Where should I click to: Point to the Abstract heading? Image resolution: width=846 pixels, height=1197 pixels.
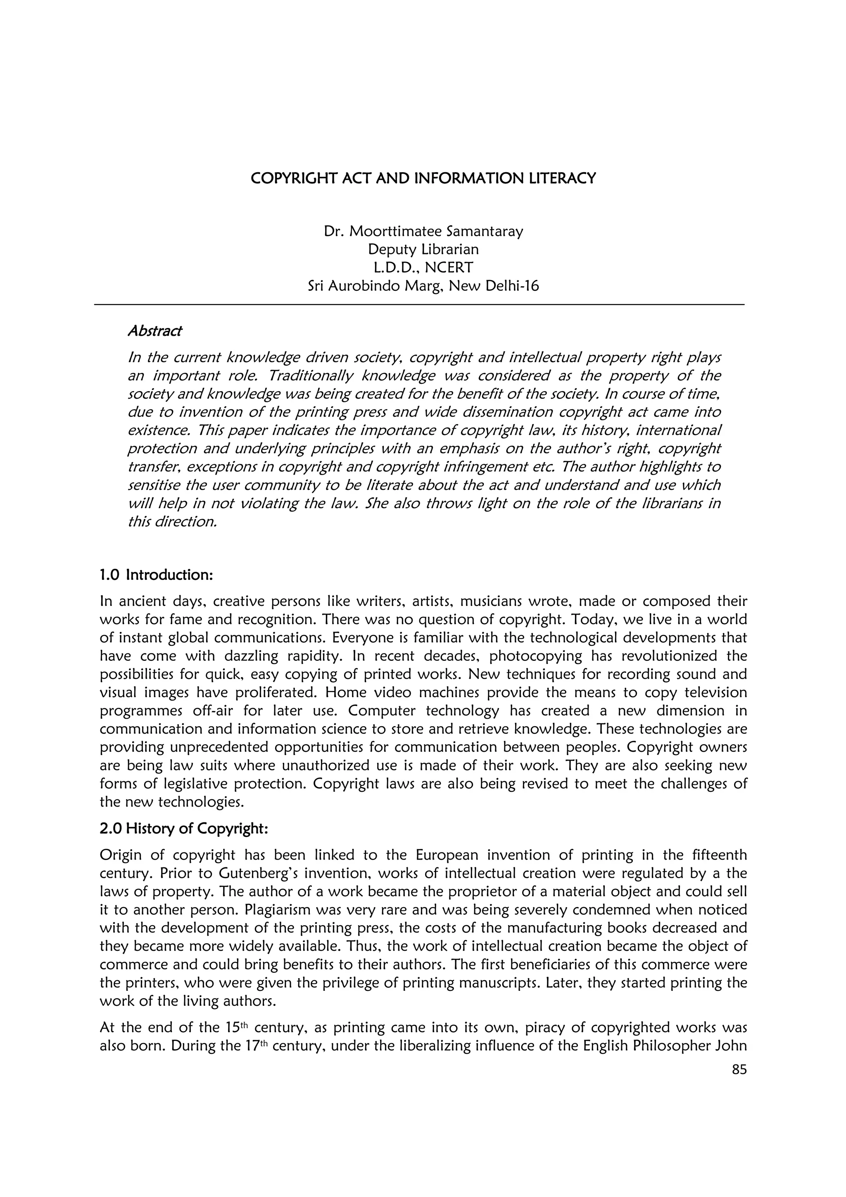click(x=155, y=331)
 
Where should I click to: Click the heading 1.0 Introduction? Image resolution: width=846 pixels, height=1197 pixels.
click(x=157, y=575)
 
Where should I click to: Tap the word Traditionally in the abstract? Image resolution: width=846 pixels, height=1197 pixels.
click(x=312, y=376)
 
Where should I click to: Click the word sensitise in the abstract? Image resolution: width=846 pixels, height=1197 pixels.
click(x=154, y=485)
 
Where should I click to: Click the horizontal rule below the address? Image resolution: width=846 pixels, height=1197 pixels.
click(x=419, y=304)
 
